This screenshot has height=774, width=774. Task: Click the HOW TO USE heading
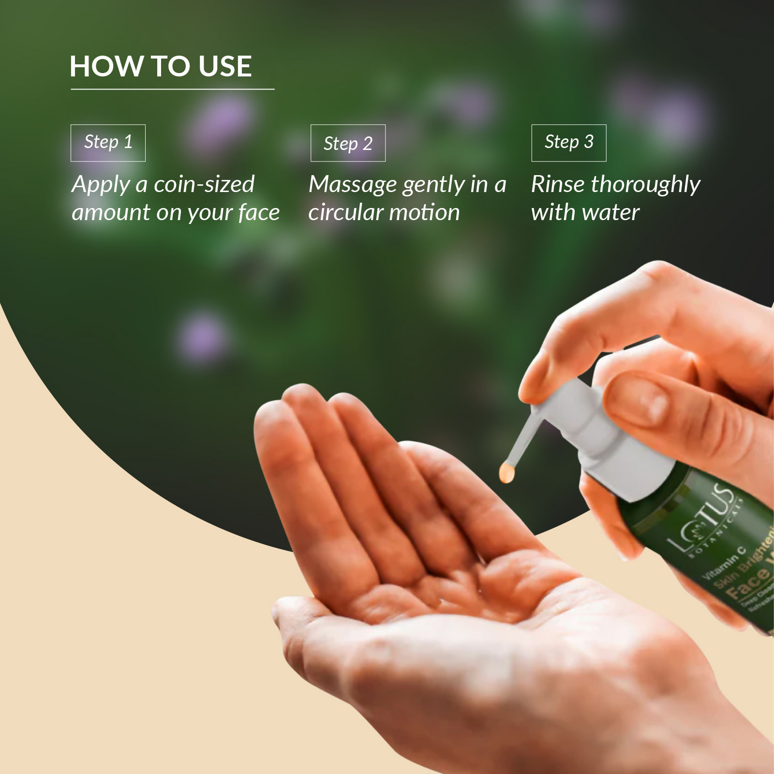point(161,66)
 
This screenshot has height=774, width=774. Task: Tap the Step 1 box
point(108,143)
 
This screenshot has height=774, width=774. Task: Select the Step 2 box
point(348,143)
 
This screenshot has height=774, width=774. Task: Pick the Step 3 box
point(569,143)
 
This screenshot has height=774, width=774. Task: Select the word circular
point(344,212)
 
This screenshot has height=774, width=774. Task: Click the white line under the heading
point(172,89)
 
